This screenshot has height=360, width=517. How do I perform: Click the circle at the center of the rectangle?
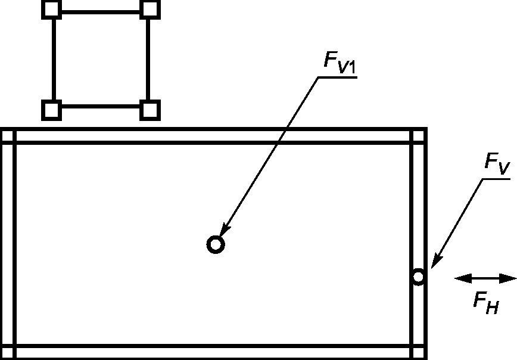pos(216,244)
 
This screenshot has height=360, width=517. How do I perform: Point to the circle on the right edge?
pos(418,277)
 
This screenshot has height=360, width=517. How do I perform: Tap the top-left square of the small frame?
pos(52,9)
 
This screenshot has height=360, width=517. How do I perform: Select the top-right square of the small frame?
pos(151,9)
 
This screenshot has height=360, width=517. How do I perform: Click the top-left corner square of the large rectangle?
pos(7,135)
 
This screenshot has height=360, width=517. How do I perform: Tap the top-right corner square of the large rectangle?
pos(419,135)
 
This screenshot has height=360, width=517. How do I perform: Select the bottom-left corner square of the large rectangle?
pos(7,352)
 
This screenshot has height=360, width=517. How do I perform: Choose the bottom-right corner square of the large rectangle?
pos(419,352)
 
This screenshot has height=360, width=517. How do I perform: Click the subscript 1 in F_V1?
pos(351,70)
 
